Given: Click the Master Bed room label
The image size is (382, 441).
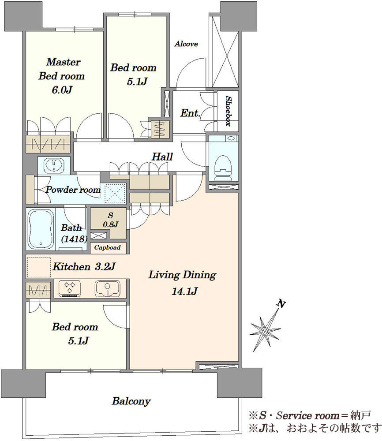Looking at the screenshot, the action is coord(62,69).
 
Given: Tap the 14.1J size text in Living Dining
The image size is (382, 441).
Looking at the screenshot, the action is coord(184,292).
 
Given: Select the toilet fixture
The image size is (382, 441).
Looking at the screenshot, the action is coord(223,168).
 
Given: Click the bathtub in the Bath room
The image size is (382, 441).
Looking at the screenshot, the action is coord(41,229).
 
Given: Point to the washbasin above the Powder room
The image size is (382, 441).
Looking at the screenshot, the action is coord(54,164).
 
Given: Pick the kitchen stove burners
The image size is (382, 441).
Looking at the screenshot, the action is coord(70,288).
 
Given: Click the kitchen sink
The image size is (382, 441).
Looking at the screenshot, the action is coord(107,288).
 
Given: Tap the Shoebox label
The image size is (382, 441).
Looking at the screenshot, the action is coord(228,111).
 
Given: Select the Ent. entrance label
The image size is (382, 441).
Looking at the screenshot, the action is coord(190,113).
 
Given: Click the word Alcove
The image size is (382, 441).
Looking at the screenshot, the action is coord(186,44).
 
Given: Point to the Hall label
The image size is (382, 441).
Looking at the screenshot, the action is coord(162,157).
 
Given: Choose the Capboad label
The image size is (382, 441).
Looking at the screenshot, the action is coord(108,247).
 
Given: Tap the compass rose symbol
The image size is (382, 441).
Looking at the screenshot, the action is coord(265,331).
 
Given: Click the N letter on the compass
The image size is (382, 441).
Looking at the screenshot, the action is coord(281,304).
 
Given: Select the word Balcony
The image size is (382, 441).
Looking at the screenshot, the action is coord(131,401).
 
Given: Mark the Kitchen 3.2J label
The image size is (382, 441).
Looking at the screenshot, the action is coord(84,266).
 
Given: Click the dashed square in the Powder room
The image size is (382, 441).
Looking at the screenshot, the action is coord(115,193).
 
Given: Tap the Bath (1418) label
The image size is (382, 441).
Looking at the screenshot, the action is coord(73,233).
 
